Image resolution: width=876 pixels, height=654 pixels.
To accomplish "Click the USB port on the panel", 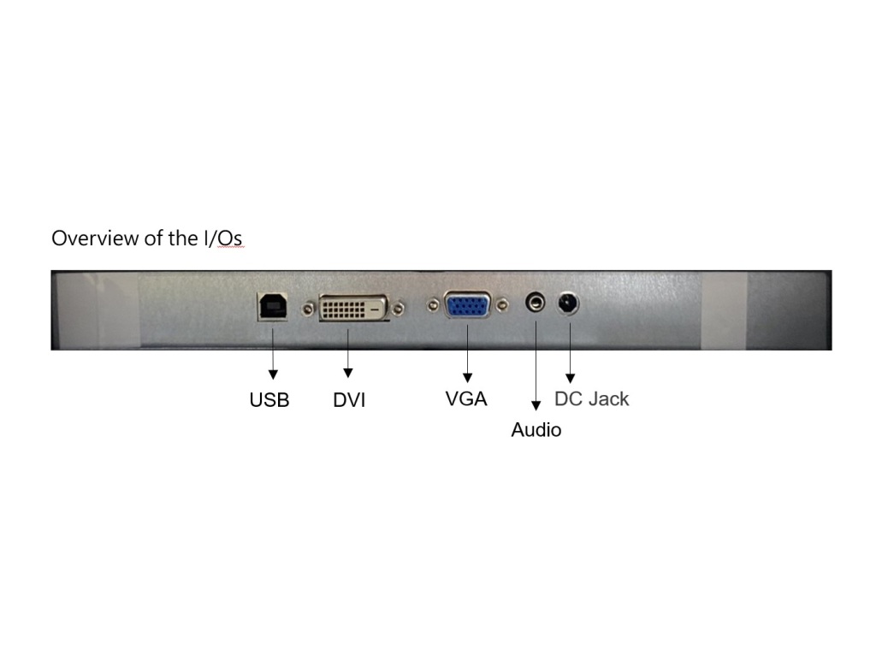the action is (273, 307).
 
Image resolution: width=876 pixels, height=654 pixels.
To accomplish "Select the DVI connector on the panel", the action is (353, 308).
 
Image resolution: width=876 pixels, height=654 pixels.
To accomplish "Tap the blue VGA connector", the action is (468, 305).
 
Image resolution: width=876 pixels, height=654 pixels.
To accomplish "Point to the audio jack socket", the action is (536, 303).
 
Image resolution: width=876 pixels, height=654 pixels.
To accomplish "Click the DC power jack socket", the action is (568, 303).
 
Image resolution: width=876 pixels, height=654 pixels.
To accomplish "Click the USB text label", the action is (269, 400).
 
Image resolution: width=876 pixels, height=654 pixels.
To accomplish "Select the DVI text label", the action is (349, 400).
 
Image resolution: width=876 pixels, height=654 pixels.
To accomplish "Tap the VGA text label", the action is (466, 398).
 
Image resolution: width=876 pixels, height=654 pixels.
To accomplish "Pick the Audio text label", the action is (536, 429).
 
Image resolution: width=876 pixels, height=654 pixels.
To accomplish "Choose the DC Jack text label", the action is (592, 398).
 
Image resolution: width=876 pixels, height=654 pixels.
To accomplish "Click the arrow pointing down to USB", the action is (273, 354).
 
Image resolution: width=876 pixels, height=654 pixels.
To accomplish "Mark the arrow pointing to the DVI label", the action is (347, 354).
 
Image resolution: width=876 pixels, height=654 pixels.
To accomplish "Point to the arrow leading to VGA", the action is (468, 354).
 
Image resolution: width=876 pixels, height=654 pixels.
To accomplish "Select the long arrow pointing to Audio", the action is (536, 366).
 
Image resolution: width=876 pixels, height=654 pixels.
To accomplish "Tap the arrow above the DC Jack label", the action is (570, 353).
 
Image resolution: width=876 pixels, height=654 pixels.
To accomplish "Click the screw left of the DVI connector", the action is (308, 309).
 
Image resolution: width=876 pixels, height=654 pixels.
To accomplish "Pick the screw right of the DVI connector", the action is (399, 309).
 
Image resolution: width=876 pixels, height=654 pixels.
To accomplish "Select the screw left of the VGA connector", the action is (432, 305).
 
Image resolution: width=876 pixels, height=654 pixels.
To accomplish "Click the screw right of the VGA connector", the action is (502, 305).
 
